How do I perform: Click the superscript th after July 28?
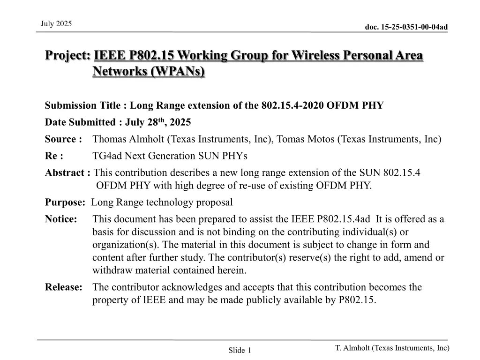(x=162, y=120)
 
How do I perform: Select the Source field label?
(x=63, y=139)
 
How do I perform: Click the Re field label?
(x=54, y=156)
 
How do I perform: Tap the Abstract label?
(x=67, y=172)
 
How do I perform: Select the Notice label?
(x=61, y=219)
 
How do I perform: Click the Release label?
(x=64, y=287)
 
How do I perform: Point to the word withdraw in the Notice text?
(x=110, y=270)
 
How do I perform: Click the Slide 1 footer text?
(x=240, y=350)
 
